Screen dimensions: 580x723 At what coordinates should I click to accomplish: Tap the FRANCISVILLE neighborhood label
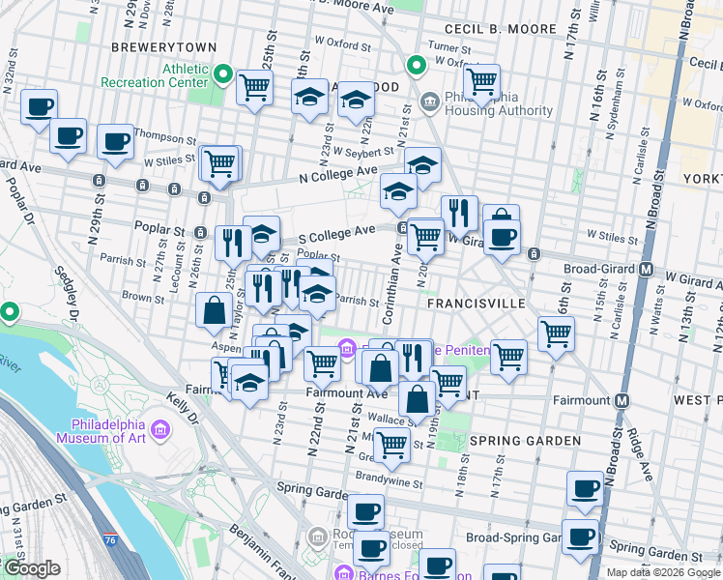(x=477, y=304)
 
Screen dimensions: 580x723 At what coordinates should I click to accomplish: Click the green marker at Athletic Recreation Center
(x=222, y=74)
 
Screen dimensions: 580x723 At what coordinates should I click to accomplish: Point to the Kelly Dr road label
(x=180, y=409)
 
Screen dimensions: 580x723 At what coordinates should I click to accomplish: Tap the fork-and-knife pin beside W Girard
(x=459, y=213)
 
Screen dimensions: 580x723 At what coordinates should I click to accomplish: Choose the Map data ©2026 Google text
(x=664, y=572)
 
